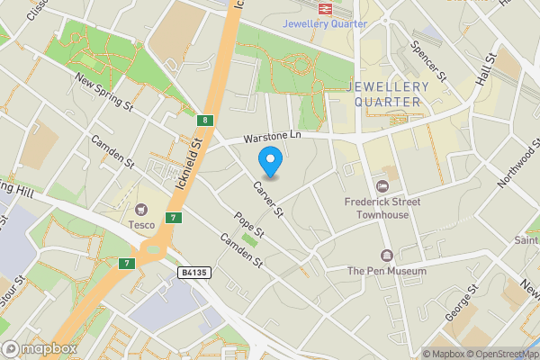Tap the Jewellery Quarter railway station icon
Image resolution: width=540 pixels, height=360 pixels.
tap(324, 7)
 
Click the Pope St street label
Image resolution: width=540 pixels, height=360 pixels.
tap(248, 225)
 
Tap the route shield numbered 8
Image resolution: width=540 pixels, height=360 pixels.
tap(206, 120)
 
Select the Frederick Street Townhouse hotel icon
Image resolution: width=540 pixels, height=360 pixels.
tap(382, 186)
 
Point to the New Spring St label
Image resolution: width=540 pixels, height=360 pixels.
tap(104, 94)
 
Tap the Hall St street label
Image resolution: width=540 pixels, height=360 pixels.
tap(488, 70)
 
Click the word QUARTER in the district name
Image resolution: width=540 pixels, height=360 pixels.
tap(387, 101)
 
